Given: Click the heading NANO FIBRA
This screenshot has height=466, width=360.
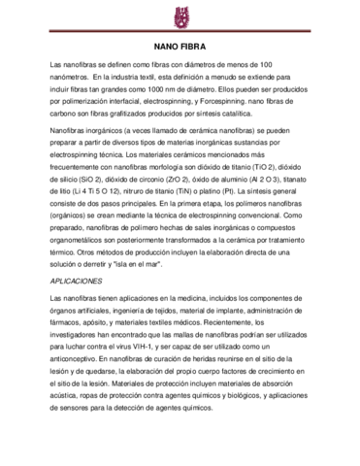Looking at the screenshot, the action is click(180, 46).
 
